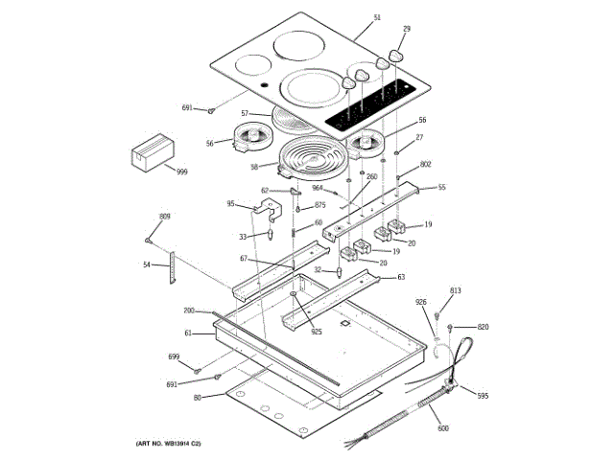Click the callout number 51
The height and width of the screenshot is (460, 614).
(x=377, y=18)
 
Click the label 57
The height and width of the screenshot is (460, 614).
(x=246, y=114)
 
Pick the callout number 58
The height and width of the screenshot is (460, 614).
(x=254, y=166)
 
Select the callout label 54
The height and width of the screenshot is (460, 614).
(x=147, y=264)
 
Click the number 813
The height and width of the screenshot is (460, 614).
(x=456, y=290)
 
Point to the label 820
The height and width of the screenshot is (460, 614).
(x=483, y=327)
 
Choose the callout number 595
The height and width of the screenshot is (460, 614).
(x=483, y=396)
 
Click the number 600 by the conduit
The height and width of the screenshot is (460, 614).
(x=442, y=429)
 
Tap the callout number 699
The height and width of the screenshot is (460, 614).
(x=174, y=357)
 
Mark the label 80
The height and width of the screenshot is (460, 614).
(x=197, y=398)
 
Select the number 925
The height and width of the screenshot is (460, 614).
(x=316, y=332)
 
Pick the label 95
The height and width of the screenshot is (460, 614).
(x=230, y=203)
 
